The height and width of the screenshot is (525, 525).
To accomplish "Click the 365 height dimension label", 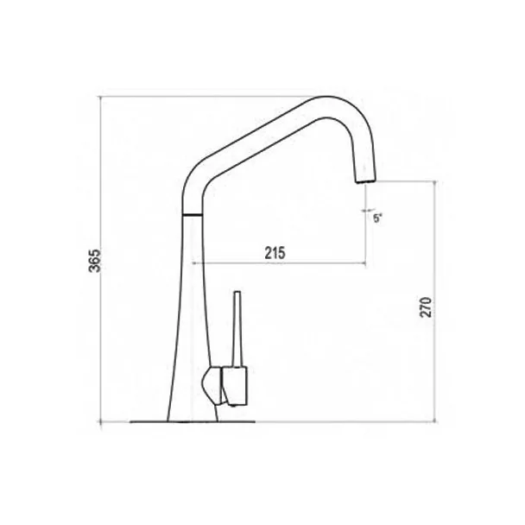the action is [95, 261].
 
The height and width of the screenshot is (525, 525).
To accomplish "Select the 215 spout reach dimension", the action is [275, 253].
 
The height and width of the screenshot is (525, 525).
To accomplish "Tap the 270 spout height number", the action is [427, 307].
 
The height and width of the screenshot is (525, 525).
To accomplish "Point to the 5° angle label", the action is [377, 219].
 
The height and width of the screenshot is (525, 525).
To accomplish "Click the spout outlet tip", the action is [365, 180].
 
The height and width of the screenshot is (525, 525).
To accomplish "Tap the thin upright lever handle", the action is [237, 329].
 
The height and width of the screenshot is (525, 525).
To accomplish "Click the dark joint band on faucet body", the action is [193, 214].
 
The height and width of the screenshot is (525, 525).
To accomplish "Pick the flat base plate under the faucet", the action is [193, 421].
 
